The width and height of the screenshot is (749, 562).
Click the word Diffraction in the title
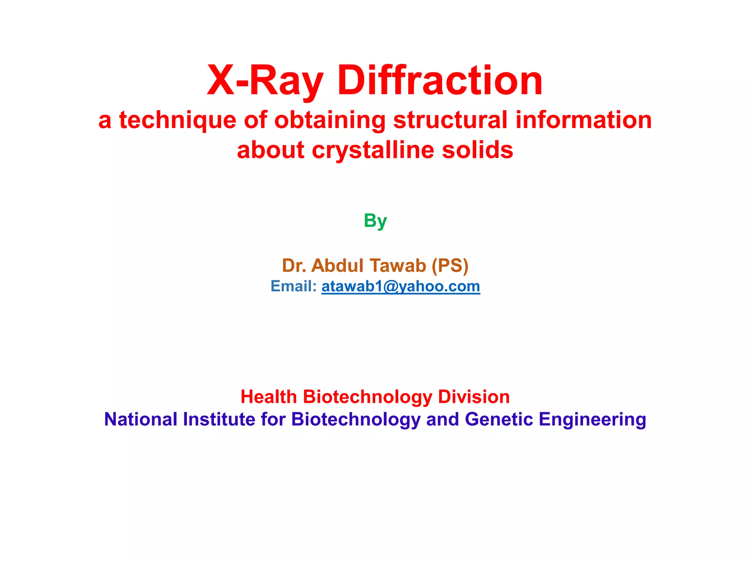440,80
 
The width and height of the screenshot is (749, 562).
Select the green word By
375,221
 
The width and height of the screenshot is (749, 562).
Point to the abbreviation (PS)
450,265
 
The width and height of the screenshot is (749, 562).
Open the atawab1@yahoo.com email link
400,286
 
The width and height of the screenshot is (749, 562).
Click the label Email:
293,286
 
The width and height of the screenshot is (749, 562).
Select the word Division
474,397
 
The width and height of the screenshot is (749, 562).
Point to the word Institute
219,419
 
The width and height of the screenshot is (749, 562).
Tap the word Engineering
592,419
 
